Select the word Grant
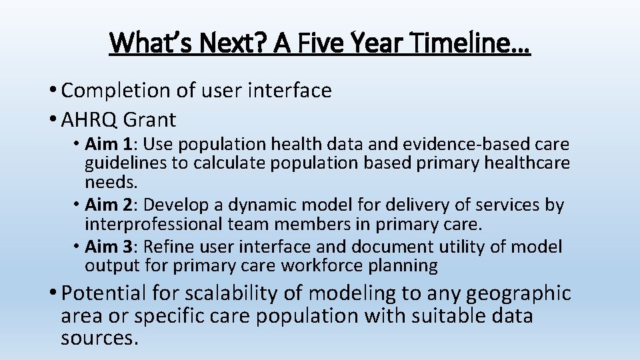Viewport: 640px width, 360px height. (150, 120)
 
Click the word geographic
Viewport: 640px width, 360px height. (519, 293)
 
